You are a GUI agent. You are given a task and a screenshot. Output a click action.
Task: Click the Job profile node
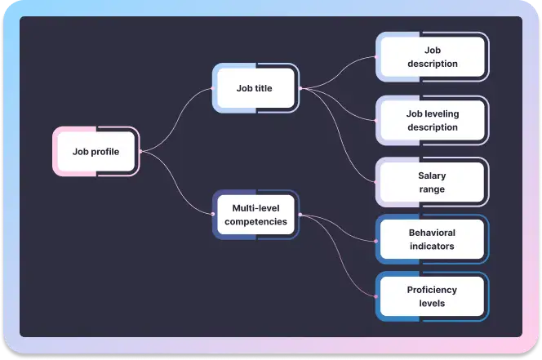pyautogui.click(x=96, y=151)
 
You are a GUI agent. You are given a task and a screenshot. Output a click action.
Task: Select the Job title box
pyautogui.click(x=255, y=88)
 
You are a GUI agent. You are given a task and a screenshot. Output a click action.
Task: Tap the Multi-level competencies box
pyautogui.click(x=255, y=215)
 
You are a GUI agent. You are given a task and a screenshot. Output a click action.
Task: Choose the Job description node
pyautogui.click(x=432, y=57)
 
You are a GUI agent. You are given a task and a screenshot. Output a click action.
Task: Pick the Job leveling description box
pyautogui.click(x=432, y=121)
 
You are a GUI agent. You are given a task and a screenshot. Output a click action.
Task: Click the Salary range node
pyautogui.click(x=432, y=182)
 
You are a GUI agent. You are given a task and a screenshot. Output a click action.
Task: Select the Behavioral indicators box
pyautogui.click(x=432, y=239)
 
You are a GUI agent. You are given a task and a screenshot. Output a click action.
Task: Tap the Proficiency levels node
pyautogui.click(x=432, y=296)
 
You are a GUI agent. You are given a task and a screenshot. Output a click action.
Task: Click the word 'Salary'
pyautogui.click(x=432, y=176)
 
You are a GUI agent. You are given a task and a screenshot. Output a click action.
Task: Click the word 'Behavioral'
pyautogui.click(x=432, y=233)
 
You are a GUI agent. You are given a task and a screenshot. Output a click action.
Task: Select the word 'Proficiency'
pyautogui.click(x=432, y=290)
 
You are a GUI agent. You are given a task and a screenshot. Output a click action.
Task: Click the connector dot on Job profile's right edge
pyautogui.click(x=140, y=151)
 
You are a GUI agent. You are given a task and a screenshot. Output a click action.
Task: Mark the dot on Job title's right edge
pyautogui.click(x=300, y=88)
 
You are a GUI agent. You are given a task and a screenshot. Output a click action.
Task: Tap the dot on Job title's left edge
pyautogui.click(x=212, y=88)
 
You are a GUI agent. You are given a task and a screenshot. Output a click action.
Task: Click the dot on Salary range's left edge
pyautogui.click(x=375, y=182)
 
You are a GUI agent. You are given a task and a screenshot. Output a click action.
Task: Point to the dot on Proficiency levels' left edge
pyautogui.click(x=375, y=296)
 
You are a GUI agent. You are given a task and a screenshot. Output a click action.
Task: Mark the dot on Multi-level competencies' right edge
pyautogui.click(x=300, y=215)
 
